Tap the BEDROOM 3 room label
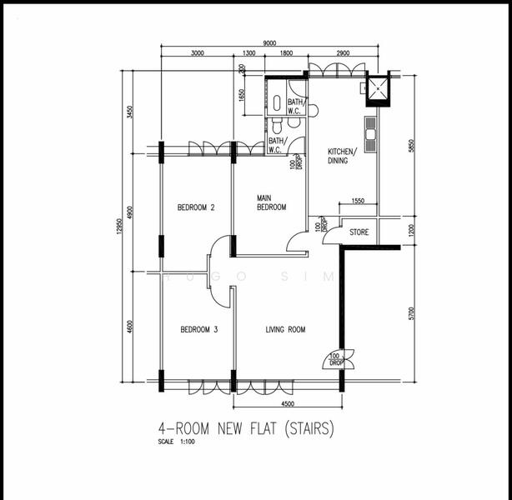click(x=198, y=330)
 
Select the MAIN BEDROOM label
click(x=271, y=202)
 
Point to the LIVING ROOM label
click(x=285, y=330)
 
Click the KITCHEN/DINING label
click(x=342, y=156)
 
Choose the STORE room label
click(x=359, y=232)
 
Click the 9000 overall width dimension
click(x=270, y=43)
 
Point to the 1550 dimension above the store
click(x=357, y=202)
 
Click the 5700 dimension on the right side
click(x=411, y=314)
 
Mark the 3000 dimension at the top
click(x=197, y=53)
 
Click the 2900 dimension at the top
click(x=342, y=53)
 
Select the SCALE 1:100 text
click(x=178, y=442)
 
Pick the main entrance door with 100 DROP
click(x=339, y=359)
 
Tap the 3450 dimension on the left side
click(x=130, y=112)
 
